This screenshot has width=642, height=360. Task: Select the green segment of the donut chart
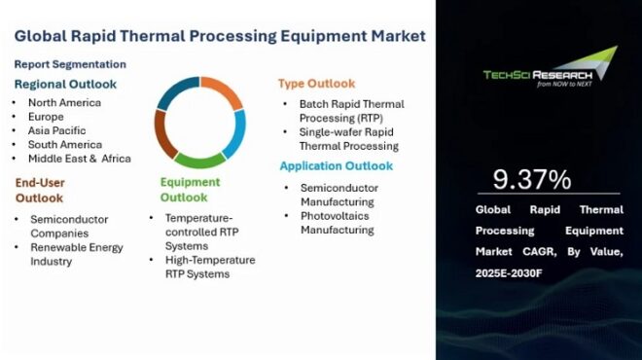pos(200,160)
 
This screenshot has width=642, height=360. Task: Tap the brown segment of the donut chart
pos(163,135)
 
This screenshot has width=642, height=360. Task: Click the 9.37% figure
pos(531,180)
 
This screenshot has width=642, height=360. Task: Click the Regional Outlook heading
pos(65,84)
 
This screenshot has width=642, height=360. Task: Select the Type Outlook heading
pos(316,84)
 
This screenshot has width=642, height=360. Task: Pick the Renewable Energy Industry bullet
pos(76,254)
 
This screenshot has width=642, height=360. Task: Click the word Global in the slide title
pos(42,36)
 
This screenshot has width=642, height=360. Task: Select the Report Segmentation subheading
pos(69,64)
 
